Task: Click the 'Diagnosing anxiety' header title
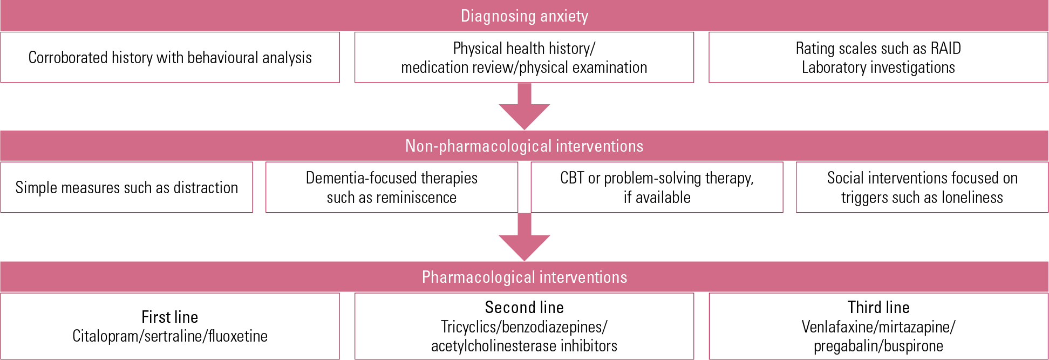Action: [x=524, y=16]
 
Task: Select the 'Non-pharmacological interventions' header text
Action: [x=524, y=146]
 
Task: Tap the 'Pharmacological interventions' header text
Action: [x=524, y=277]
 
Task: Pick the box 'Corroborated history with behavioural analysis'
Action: [x=170, y=58]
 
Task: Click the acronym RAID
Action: [x=945, y=48]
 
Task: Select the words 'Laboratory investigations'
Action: [x=878, y=67]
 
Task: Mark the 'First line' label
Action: [x=170, y=317]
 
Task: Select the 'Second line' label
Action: [x=524, y=307]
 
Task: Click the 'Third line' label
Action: [x=878, y=307]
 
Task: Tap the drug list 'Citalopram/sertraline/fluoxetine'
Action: [x=170, y=336]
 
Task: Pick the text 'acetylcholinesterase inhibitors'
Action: [x=524, y=345]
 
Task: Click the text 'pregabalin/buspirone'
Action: [x=878, y=345]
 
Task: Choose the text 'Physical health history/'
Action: [x=524, y=48]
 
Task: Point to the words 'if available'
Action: [x=657, y=198]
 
